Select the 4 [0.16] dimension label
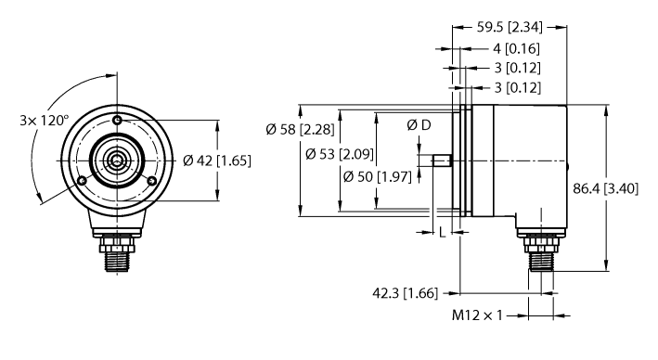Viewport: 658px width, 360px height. point(515,48)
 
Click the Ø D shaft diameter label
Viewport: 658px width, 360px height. point(419,124)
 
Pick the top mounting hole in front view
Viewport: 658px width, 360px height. point(118,122)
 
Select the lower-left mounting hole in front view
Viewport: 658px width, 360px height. point(84,180)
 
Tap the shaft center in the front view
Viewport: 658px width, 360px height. point(118,161)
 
